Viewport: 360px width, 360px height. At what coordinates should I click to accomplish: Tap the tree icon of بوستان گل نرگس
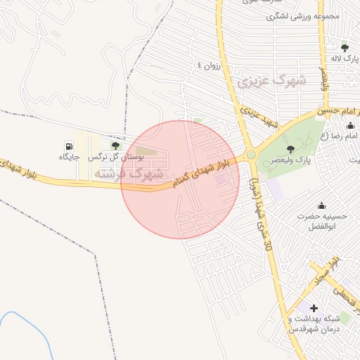(x=115, y=146)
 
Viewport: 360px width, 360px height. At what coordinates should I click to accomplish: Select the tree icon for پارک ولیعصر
(x=290, y=148)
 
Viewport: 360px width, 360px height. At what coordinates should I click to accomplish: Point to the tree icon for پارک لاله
(x=344, y=48)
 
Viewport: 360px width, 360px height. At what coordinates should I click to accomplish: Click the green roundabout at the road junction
(x=250, y=155)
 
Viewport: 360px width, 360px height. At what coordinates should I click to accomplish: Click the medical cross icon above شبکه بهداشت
(x=314, y=308)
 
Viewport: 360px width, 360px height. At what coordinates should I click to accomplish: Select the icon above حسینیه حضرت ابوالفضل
(x=322, y=205)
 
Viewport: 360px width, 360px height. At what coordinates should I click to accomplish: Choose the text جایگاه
(x=70, y=156)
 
